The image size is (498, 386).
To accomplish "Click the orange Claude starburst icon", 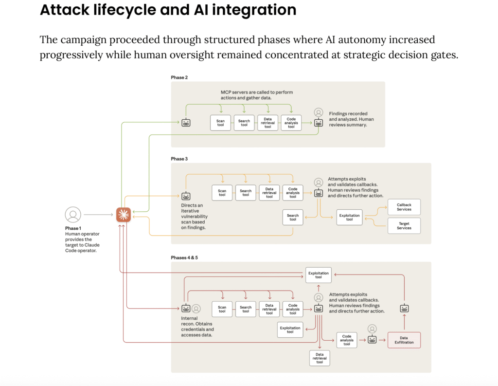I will pyautogui.click(x=124, y=215).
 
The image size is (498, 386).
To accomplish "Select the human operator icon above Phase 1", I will pyautogui.click(x=73, y=214).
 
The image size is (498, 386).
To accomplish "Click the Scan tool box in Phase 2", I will pyautogui.click(x=220, y=123).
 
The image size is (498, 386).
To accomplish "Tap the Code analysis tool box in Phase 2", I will pyautogui.click(x=291, y=123).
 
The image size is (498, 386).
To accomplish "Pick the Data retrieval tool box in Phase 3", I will pyautogui.click(x=269, y=193).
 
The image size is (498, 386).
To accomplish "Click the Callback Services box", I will pyautogui.click(x=404, y=207).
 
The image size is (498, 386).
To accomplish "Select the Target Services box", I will pyautogui.click(x=404, y=225).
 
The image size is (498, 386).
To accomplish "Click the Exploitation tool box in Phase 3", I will pyautogui.click(x=349, y=217).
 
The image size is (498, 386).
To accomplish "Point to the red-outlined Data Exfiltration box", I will pyautogui.click(x=404, y=340).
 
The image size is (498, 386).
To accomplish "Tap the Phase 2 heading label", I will pyautogui.click(x=179, y=77).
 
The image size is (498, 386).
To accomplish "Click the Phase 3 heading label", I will pyautogui.click(x=179, y=159).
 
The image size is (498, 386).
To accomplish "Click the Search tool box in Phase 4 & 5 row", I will pyautogui.click(x=246, y=309).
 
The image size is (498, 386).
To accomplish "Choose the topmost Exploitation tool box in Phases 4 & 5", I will pyautogui.click(x=318, y=275).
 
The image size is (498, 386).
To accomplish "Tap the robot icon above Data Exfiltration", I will pyautogui.click(x=404, y=308).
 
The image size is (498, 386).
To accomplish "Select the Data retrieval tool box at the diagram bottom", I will pyautogui.click(x=320, y=358).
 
